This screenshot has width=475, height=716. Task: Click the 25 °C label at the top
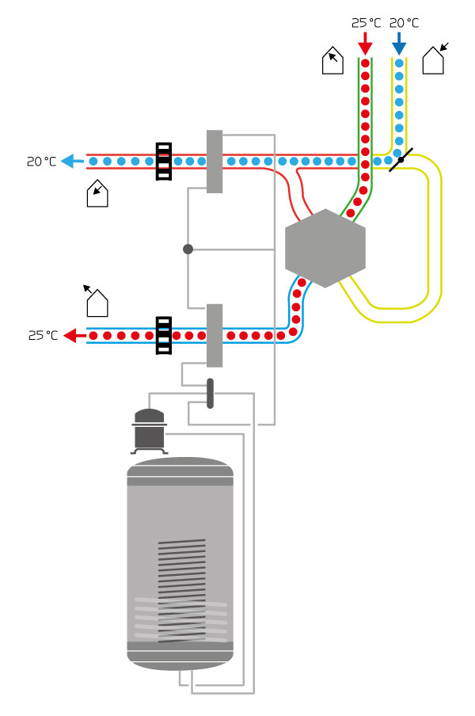tap(366, 23)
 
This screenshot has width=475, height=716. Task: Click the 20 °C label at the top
tap(404, 23)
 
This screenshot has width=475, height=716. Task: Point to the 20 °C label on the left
tap(41, 162)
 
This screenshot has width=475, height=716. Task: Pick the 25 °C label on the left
tap(43, 336)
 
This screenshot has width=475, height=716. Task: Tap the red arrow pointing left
tap(75, 336)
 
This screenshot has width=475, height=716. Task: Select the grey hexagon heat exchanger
tap(325, 249)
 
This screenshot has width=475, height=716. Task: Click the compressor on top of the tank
tap(149, 430)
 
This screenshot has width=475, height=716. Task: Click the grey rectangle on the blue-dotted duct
tap(215, 162)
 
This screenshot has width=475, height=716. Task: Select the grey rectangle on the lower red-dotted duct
tap(215, 336)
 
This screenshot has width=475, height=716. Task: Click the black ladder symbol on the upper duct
tap(164, 162)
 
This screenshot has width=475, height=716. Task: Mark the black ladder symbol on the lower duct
tap(164, 336)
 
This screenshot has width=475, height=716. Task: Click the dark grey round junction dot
tap(188, 249)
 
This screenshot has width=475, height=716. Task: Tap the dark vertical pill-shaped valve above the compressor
tap(210, 394)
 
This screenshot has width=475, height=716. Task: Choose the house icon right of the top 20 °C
tap(434, 60)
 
